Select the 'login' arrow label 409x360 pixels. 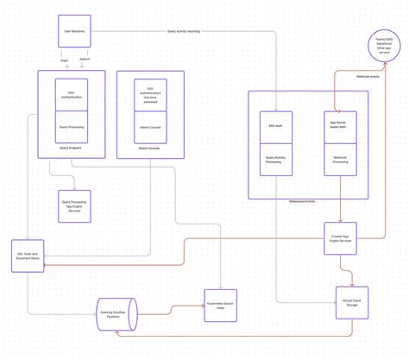(64, 60)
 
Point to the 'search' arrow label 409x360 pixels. (85, 60)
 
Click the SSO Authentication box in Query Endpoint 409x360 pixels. (72, 96)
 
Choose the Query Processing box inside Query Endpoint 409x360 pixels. (72, 127)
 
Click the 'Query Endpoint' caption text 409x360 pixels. (72, 148)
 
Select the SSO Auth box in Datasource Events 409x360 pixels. (276, 127)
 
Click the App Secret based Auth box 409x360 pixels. (340, 127)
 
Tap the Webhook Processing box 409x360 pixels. (340, 160)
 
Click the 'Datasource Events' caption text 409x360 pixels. (301, 200)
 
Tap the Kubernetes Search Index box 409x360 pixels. (220, 306)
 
